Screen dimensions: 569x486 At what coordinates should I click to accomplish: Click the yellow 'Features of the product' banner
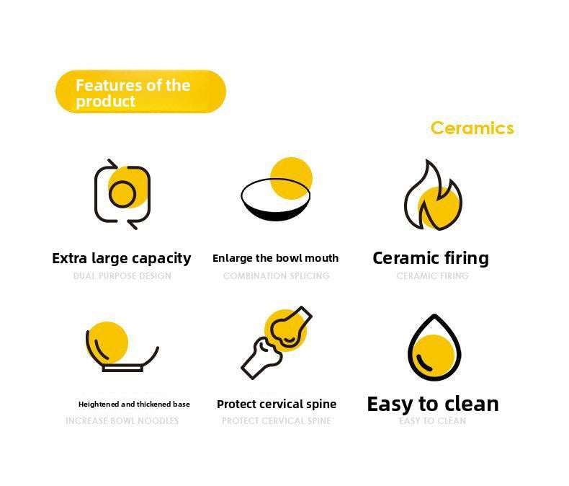pos(140,92)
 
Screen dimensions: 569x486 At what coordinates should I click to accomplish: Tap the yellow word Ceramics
pos(472,128)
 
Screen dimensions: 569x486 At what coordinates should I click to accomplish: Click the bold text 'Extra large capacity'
pos(122,258)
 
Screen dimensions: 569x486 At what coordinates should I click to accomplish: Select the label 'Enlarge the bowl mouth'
pos(275,258)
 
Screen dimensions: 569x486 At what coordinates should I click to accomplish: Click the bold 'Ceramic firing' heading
pos(431,258)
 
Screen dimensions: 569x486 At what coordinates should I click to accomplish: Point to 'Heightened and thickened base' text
pos(134,404)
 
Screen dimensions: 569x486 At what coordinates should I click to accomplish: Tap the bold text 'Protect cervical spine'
pos(277,404)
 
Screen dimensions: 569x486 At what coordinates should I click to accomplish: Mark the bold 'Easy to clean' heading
pos(433,404)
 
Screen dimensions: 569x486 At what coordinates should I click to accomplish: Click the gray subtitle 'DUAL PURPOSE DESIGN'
pos(122,276)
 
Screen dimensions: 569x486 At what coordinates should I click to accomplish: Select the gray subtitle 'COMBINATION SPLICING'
pos(277,276)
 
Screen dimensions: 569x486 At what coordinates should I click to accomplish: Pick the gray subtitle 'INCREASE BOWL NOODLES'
pos(122,421)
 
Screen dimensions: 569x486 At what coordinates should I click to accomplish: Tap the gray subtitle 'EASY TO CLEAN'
pos(433,421)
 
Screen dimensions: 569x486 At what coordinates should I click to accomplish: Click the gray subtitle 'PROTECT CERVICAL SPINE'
pos(277,421)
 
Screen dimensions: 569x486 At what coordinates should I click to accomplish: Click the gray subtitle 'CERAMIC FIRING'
pos(433,276)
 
